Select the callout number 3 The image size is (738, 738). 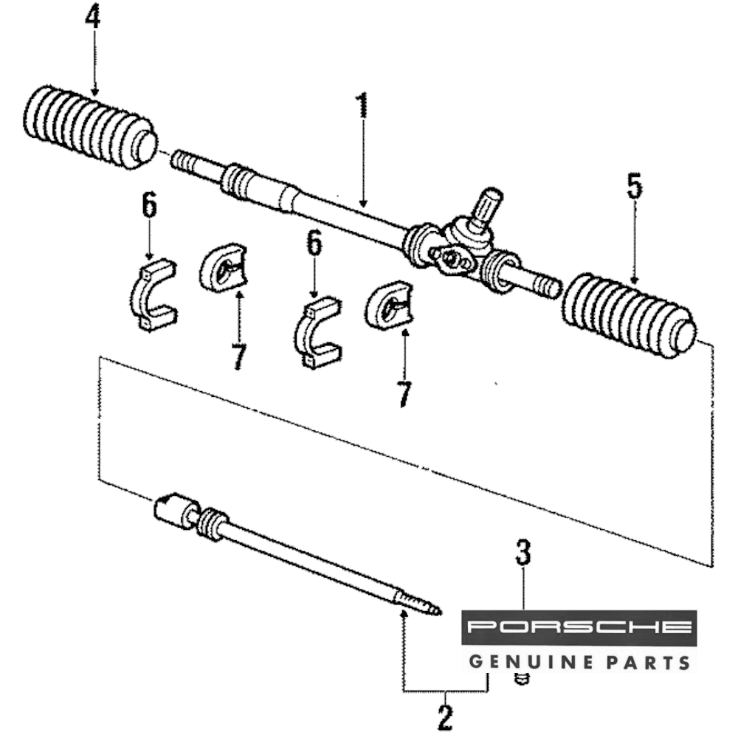pos(523,551)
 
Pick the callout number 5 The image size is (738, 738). pos(633,187)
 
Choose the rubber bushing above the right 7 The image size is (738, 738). pos(388,303)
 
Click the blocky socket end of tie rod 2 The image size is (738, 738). pos(173,510)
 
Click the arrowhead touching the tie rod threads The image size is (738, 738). pos(404,613)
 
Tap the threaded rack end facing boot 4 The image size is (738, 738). pos(186,160)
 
